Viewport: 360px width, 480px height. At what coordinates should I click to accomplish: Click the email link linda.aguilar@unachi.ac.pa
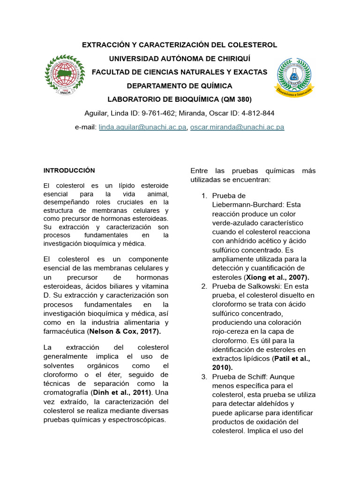pyautogui.click(x=142, y=127)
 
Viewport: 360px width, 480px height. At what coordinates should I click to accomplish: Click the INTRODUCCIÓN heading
pyautogui.click(x=69, y=170)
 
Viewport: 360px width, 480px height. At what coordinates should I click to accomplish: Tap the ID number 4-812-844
pyautogui.click(x=255, y=113)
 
